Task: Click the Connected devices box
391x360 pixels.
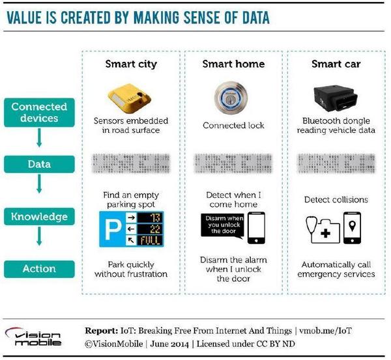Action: [x=39, y=112]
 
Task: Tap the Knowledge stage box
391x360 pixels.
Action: [x=39, y=216]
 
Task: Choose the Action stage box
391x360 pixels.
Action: [x=39, y=268]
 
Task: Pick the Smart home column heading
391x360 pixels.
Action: [x=233, y=64]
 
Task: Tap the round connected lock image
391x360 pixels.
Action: [x=233, y=94]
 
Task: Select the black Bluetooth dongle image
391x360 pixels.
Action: [x=333, y=94]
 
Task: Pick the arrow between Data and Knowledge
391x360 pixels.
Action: [x=39, y=191]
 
